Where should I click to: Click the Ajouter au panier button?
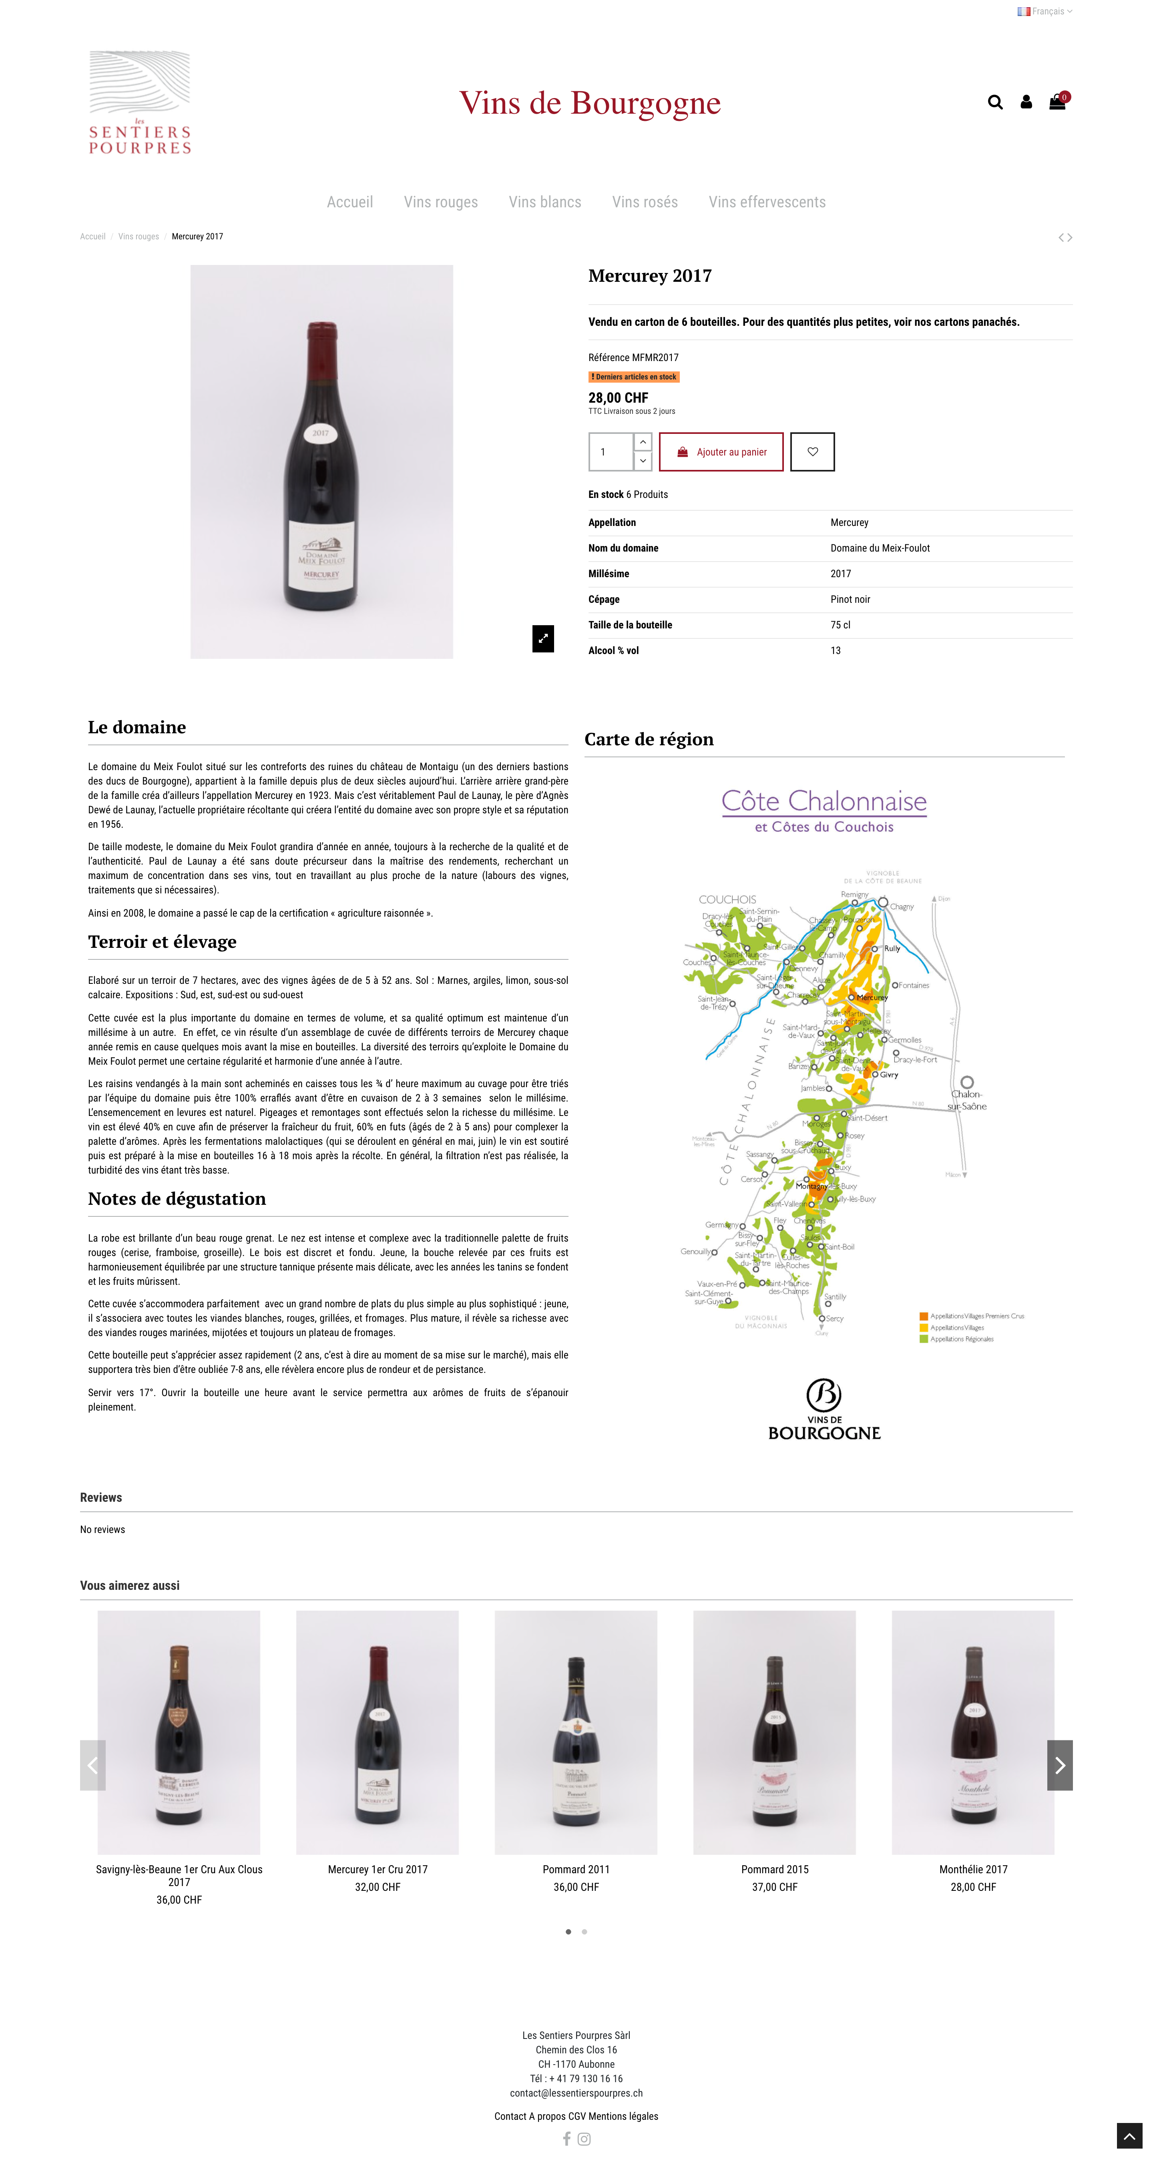coord(721,452)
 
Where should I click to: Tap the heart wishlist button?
coord(812,452)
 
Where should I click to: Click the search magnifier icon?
coord(994,102)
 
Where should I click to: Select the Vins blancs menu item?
coord(544,202)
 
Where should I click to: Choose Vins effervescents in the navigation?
coord(766,202)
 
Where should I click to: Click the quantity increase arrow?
coord(642,442)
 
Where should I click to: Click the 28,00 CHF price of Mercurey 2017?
coord(618,398)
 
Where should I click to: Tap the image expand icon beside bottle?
coord(542,639)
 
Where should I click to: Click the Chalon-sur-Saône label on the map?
coord(967,1100)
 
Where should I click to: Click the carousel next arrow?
coord(1059,1765)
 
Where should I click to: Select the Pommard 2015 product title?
coord(774,1869)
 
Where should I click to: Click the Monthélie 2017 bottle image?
coord(973,1732)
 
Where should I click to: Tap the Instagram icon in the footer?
coord(585,2139)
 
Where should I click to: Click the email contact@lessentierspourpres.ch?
coord(576,2093)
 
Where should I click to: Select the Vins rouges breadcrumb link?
coord(139,236)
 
